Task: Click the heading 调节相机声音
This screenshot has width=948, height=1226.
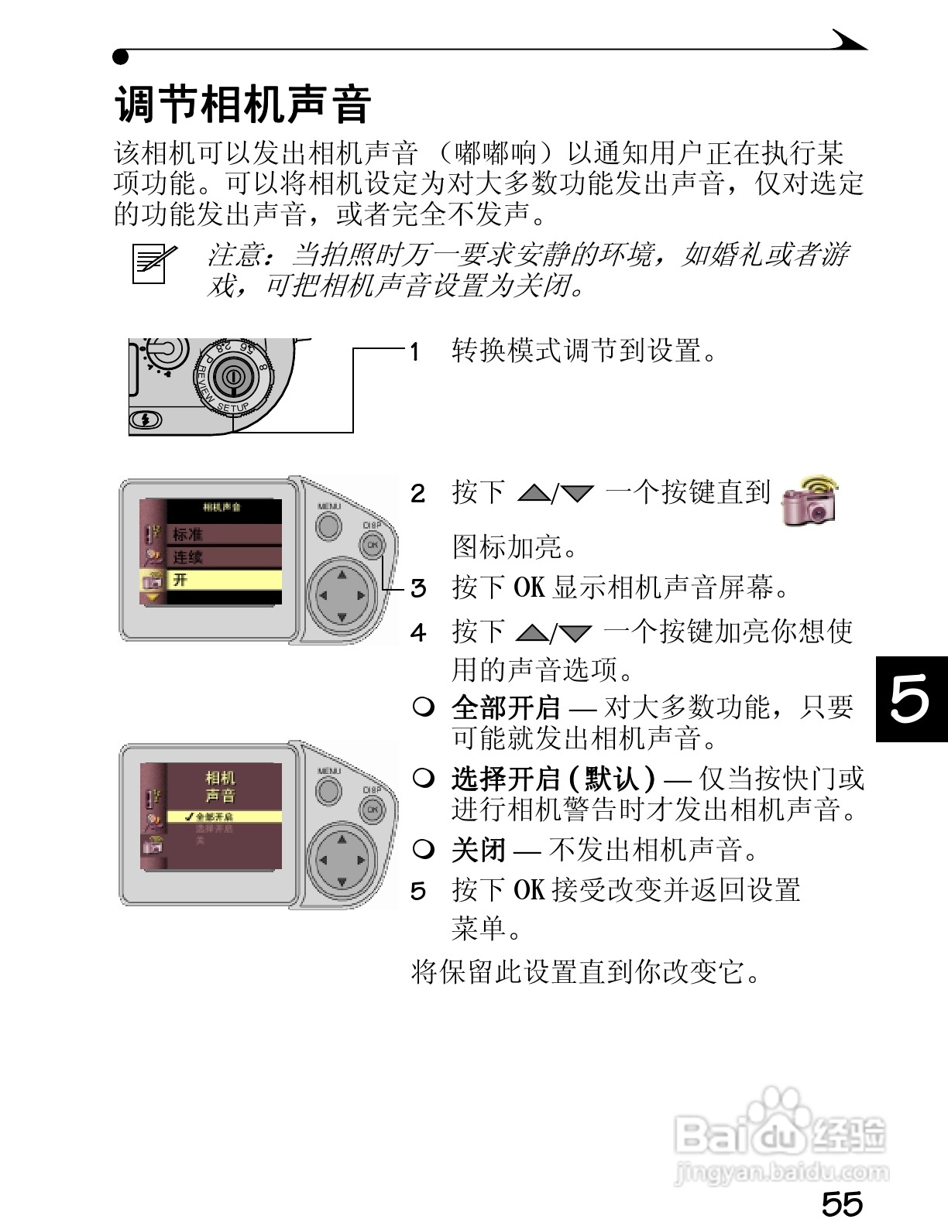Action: [243, 104]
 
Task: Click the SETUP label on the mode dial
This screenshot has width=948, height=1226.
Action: [232, 407]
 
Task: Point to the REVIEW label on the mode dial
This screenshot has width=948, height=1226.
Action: [204, 382]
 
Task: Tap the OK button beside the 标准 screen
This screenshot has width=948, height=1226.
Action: [373, 545]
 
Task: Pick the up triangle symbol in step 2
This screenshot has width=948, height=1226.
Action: [533, 492]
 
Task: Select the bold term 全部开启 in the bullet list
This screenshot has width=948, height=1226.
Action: [506, 707]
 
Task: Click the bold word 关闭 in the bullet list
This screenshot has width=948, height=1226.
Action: [479, 851]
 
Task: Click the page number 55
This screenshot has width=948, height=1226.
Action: [842, 1204]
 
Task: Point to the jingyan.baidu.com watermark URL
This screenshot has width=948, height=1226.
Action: [781, 1172]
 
